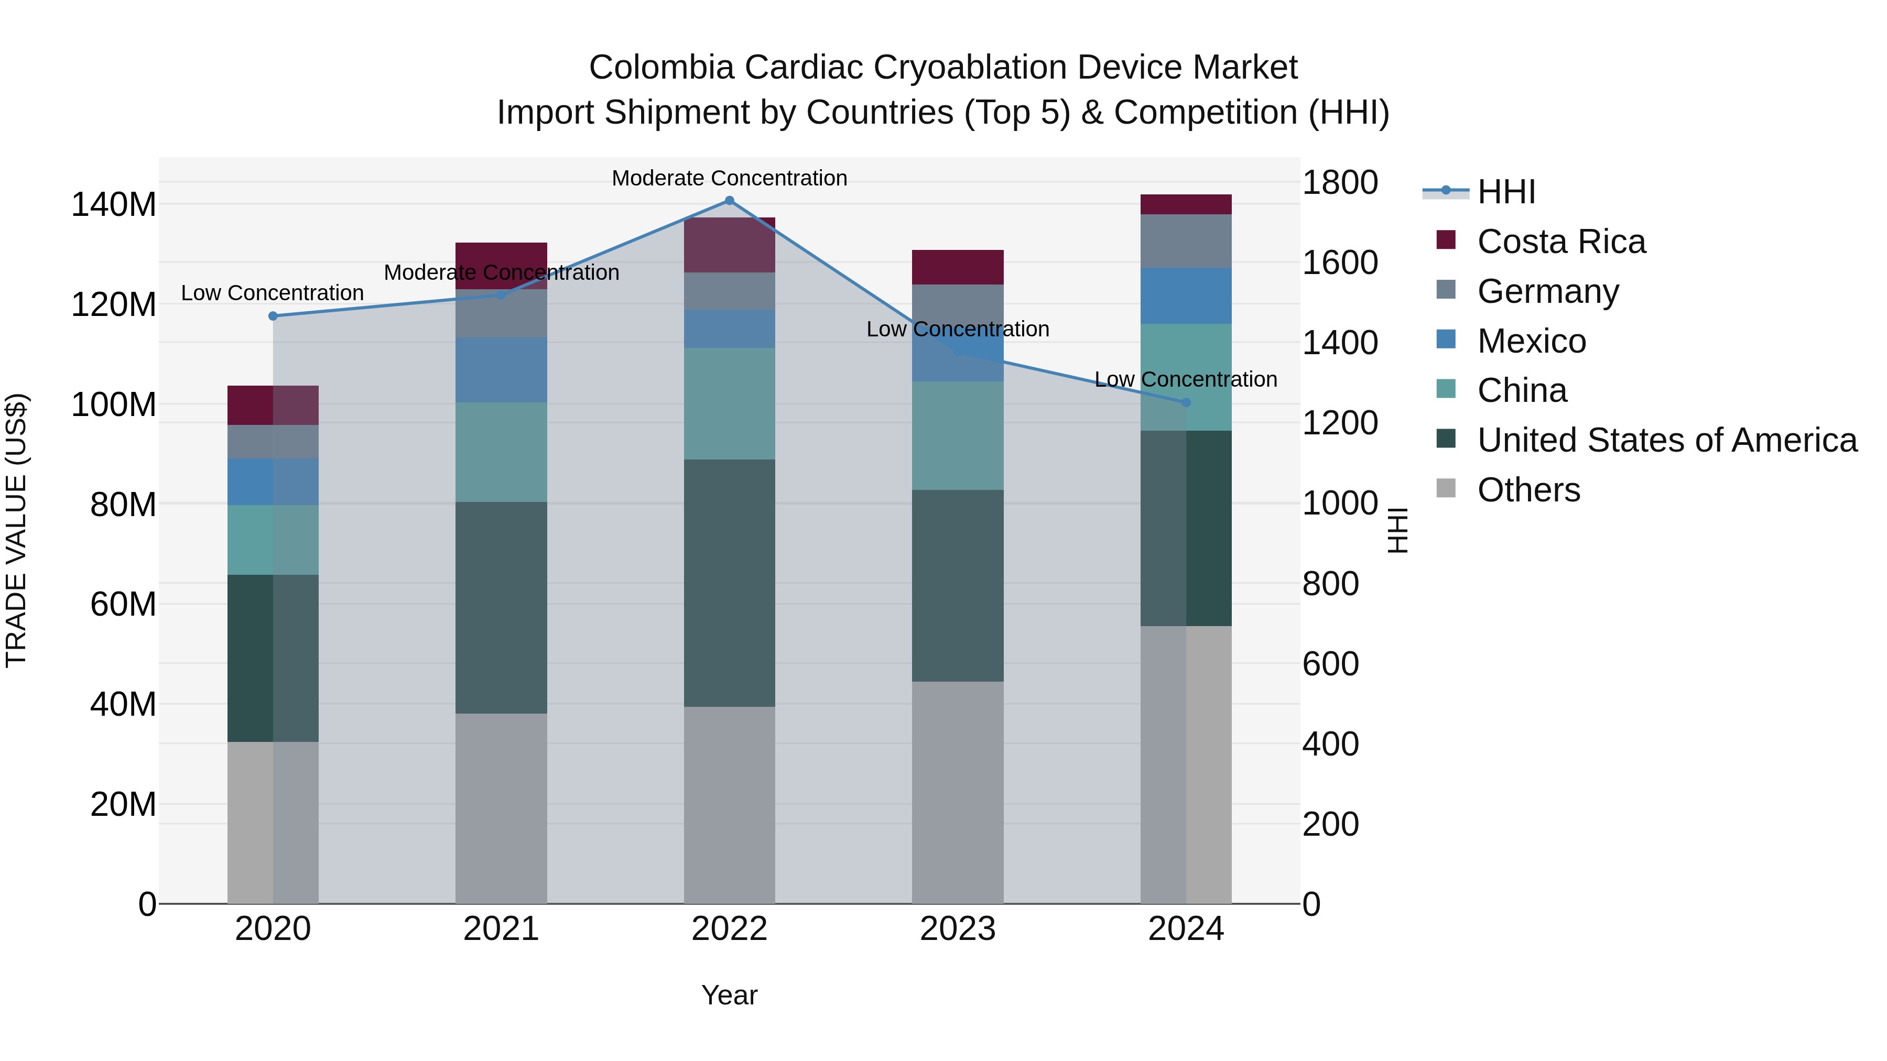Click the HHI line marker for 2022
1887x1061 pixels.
pyautogui.click(x=729, y=201)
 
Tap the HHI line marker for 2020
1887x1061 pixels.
pyautogui.click(x=273, y=316)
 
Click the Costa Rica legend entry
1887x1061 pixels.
pyautogui.click(x=1561, y=242)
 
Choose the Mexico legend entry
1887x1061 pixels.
pyautogui.click(x=1531, y=341)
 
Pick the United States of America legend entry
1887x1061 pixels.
pyautogui.click(x=1666, y=440)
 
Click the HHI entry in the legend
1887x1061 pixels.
pyautogui.click(x=1506, y=192)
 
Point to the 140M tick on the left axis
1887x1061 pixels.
pyautogui.click(x=114, y=204)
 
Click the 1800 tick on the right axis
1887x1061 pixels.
pyautogui.click(x=1340, y=182)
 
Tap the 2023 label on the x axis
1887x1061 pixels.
pyautogui.click(x=958, y=929)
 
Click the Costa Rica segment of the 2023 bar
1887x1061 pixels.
pyautogui.click(x=958, y=267)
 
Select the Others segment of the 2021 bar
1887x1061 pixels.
pyautogui.click(x=501, y=808)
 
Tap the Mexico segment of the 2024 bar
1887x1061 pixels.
pyautogui.click(x=1186, y=296)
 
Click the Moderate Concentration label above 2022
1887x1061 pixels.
pyautogui.click(x=729, y=178)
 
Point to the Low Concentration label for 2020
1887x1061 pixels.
pyautogui.click(x=273, y=293)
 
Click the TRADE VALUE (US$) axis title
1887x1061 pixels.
pyautogui.click(x=16, y=530)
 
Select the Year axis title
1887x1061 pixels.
pyautogui.click(x=729, y=995)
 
